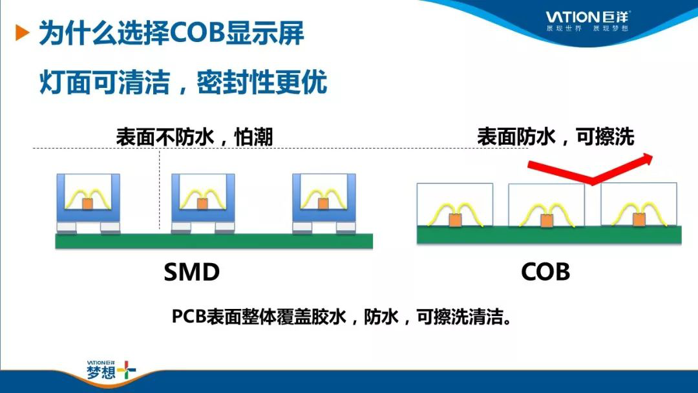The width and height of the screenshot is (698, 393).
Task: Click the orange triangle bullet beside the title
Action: [22, 33]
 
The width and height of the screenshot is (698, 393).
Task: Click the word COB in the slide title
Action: [198, 33]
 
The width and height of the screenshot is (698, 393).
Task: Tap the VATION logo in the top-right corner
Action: [587, 21]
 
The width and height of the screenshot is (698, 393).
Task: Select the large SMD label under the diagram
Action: [192, 272]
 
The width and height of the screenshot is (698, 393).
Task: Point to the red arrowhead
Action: [646, 159]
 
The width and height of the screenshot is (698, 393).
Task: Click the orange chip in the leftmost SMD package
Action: [87, 204]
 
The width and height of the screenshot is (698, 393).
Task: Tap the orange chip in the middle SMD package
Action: [202, 204]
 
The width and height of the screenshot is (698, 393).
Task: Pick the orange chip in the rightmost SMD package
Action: [323, 204]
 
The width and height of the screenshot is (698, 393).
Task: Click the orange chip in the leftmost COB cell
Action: [455, 220]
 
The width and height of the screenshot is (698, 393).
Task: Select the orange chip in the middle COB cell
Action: [547, 220]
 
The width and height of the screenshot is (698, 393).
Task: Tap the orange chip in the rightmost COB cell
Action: [639, 219]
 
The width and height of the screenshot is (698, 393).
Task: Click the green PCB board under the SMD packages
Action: [214, 241]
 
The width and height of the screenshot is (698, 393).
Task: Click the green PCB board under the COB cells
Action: [549, 235]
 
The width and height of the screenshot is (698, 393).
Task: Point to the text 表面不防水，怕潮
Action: [194, 136]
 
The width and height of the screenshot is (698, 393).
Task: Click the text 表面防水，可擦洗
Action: [556, 136]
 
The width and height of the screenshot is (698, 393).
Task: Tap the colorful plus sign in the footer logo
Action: [127, 370]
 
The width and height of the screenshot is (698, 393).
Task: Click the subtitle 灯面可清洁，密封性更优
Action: [184, 82]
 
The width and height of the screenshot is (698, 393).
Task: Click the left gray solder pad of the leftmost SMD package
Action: [67, 228]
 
